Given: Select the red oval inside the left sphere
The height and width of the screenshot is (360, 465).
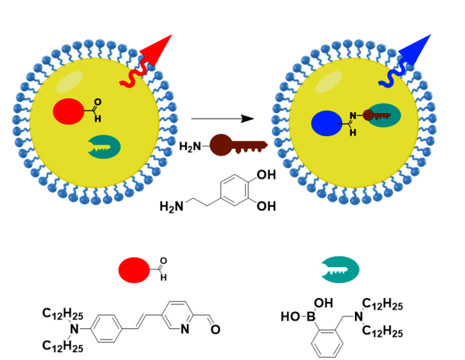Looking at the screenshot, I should (68, 111).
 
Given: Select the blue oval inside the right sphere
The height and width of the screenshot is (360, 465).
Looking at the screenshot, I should (326, 123).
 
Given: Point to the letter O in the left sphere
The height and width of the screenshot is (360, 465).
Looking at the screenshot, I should (98, 102).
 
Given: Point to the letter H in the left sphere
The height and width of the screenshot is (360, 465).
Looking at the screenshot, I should (98, 119).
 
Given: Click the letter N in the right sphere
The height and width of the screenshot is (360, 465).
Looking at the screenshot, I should (353, 116).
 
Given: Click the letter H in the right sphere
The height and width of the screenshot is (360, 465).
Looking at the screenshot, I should (353, 133).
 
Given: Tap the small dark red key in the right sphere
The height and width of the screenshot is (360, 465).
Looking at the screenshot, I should (376, 115).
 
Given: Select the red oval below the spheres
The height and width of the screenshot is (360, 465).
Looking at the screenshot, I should (134, 269).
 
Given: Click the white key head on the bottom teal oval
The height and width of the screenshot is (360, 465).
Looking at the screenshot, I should (321, 269).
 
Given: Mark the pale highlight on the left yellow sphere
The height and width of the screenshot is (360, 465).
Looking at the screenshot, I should (69, 82).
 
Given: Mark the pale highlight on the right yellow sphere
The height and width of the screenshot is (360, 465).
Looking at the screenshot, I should (329, 82).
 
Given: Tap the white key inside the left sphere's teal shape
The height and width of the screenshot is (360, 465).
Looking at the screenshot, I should (100, 146).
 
